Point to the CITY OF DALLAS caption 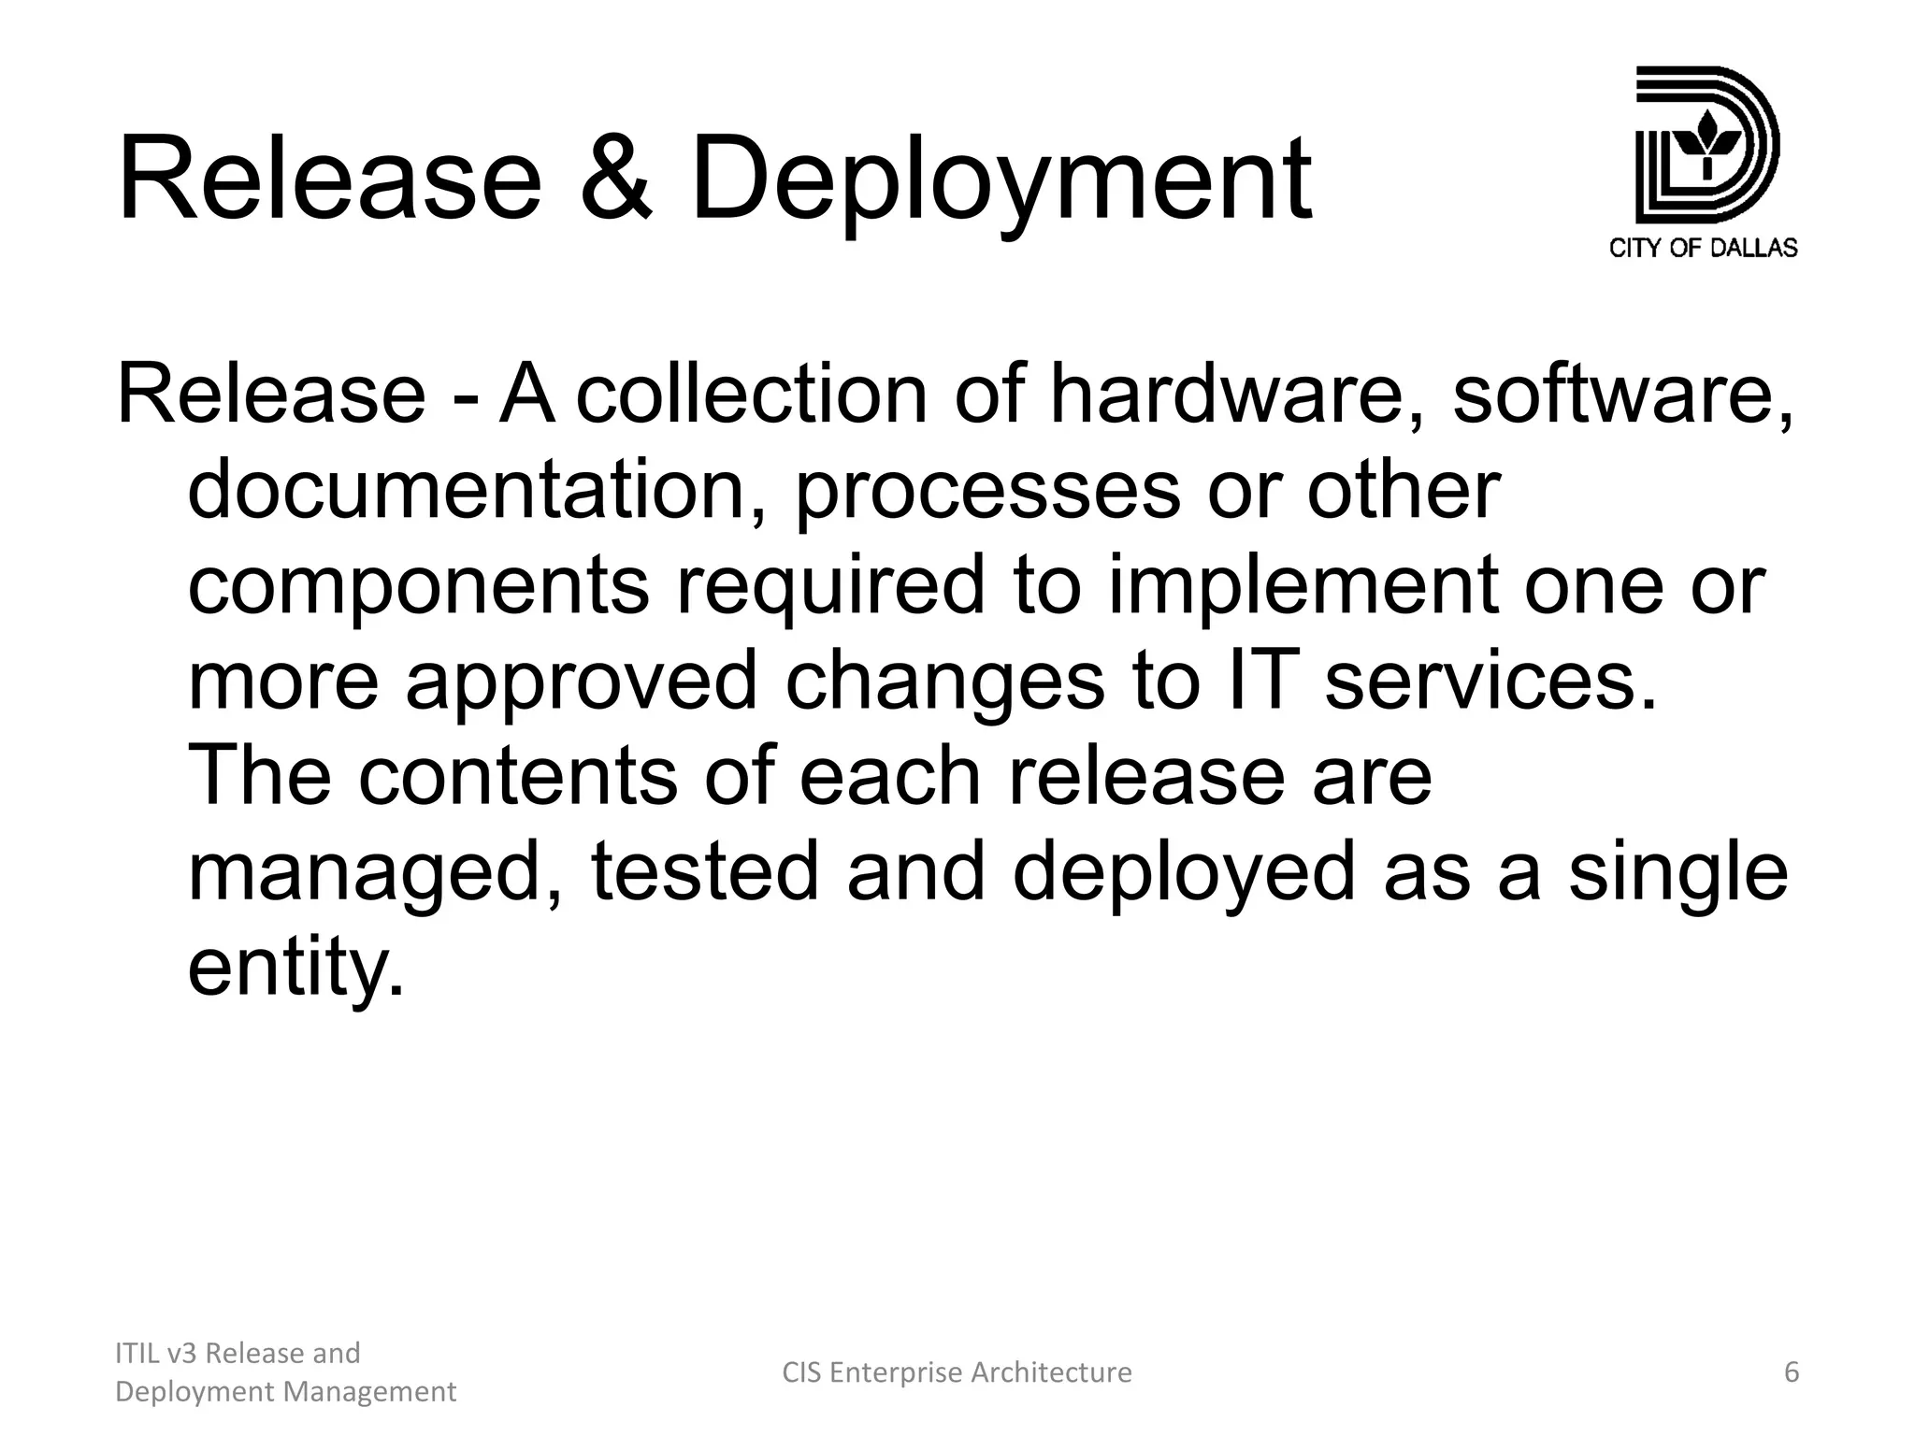coord(1703,248)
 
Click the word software coord(1622,395)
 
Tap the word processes coord(986,494)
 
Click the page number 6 coord(1792,1372)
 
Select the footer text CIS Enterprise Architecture coord(957,1372)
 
